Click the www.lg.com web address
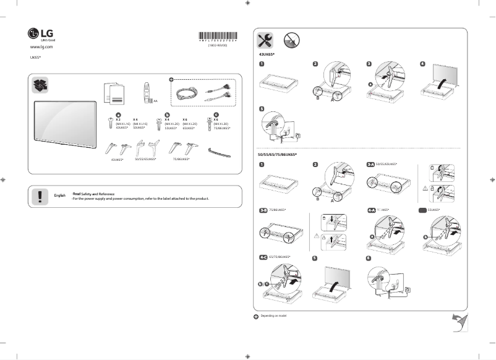coord(41,47)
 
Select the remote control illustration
coord(147,92)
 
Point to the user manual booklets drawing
coord(113,93)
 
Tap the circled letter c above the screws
coord(216,114)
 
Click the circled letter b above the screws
coord(166,114)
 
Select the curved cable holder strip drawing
coord(220,150)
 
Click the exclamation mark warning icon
coord(40,195)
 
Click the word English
coord(60,195)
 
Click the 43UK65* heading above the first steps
coord(267,55)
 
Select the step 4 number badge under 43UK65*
coord(422,64)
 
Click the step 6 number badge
coord(369,257)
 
